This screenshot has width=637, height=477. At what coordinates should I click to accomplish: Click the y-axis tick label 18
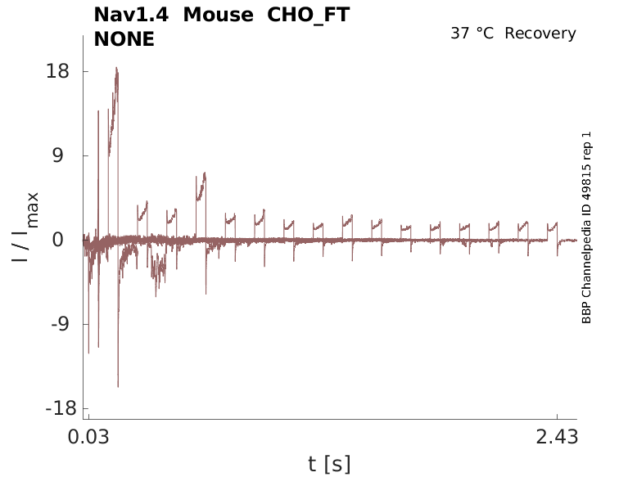tap(56, 71)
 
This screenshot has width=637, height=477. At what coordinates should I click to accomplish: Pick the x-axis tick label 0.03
tap(88, 437)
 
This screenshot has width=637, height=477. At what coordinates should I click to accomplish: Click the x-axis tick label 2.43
tap(558, 437)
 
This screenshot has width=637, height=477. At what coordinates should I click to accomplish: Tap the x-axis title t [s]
tap(329, 464)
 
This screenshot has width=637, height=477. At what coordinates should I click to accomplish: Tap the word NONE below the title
tap(124, 38)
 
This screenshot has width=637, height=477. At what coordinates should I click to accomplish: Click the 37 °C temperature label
tap(473, 34)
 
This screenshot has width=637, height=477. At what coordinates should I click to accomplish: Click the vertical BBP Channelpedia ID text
tap(586, 227)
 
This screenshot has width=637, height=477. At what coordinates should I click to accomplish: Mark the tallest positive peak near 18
tap(117, 69)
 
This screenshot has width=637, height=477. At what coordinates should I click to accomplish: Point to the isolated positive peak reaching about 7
tap(205, 173)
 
